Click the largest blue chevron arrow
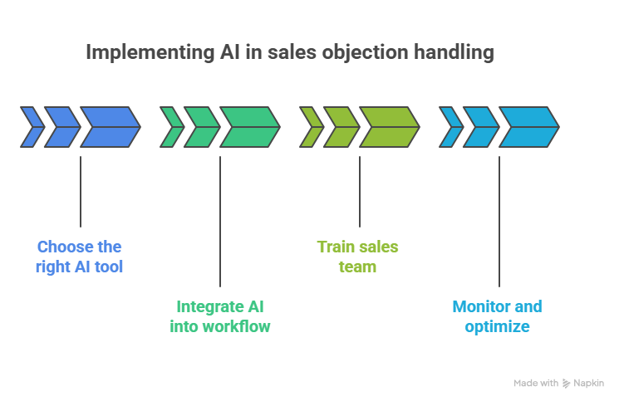coord(110,127)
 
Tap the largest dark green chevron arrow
coord(249,127)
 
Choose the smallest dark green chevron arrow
coord(172,127)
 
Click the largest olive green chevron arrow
coord(389,127)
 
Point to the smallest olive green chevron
coord(312,127)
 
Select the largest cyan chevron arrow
coord(528,127)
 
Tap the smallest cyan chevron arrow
coord(451,127)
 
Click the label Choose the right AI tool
coord(80,257)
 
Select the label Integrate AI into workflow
coord(220,316)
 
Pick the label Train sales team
coord(358,257)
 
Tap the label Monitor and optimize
coord(497,316)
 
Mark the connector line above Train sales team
coord(360,191)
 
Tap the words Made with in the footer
coord(536,384)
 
